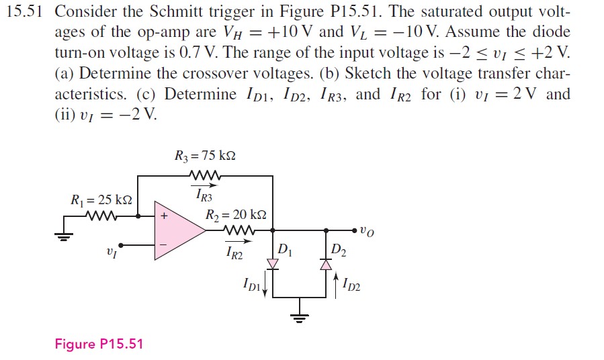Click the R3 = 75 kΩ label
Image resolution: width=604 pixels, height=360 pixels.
coord(205,156)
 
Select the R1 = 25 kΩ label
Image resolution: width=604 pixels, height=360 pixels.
coord(101,199)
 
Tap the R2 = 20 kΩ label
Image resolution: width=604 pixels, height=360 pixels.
coord(236,216)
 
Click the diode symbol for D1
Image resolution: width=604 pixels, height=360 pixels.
coord(273,265)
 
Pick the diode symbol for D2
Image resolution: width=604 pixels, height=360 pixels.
coord(326,265)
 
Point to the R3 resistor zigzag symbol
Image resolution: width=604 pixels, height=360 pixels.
coord(205,177)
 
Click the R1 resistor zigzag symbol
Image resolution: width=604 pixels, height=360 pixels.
coord(101,217)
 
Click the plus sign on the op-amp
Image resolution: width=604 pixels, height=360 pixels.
coord(163,217)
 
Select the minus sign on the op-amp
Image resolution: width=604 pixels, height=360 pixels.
coord(163,244)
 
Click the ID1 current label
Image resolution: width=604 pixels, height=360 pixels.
coord(252,287)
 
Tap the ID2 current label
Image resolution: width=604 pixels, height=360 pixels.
coord(351,287)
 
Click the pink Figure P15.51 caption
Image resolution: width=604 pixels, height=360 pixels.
coord(99,345)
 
